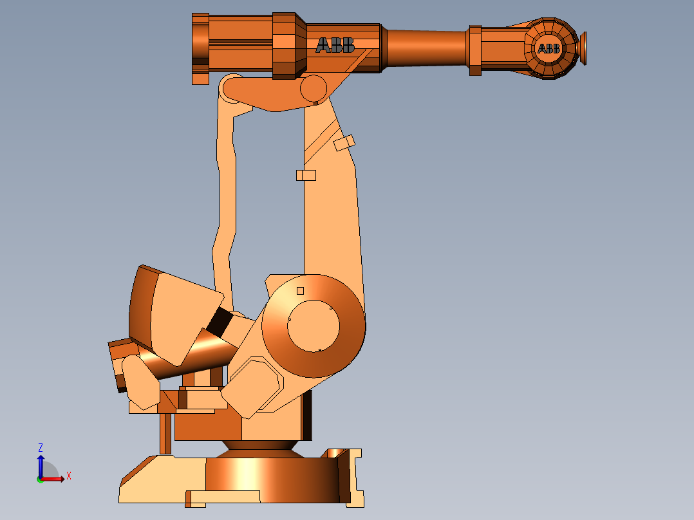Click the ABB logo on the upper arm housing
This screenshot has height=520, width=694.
(x=335, y=45)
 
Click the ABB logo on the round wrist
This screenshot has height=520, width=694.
(x=549, y=49)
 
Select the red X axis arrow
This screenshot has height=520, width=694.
(x=55, y=478)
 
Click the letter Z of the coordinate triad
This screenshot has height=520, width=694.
(x=41, y=447)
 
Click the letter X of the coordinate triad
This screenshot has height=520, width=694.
(x=69, y=476)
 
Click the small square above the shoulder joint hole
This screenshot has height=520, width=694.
(x=300, y=291)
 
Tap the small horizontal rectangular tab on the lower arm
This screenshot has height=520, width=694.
(x=306, y=175)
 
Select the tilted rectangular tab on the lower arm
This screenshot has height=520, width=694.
(x=344, y=143)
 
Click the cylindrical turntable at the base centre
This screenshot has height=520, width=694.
(x=270, y=479)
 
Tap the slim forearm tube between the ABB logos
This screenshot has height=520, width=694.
(x=425, y=48)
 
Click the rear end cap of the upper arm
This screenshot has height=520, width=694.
(x=200, y=48)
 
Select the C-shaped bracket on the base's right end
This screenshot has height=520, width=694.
(x=353, y=476)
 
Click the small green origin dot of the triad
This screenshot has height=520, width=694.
(x=40, y=479)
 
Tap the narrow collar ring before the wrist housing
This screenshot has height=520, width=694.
(x=475, y=50)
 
